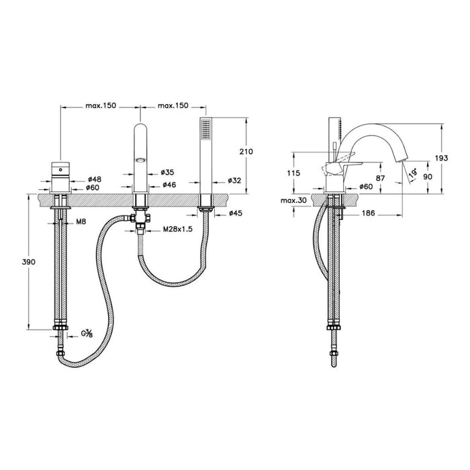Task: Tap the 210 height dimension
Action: pos(246,152)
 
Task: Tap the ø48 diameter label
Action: pos(95,179)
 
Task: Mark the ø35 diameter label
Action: pos(169,173)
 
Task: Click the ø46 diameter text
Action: pos(169,184)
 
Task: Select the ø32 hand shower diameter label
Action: pos(234,180)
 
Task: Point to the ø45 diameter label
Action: pos(235,214)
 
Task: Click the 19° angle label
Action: pos(418,173)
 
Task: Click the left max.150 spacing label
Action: pos(100,106)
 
